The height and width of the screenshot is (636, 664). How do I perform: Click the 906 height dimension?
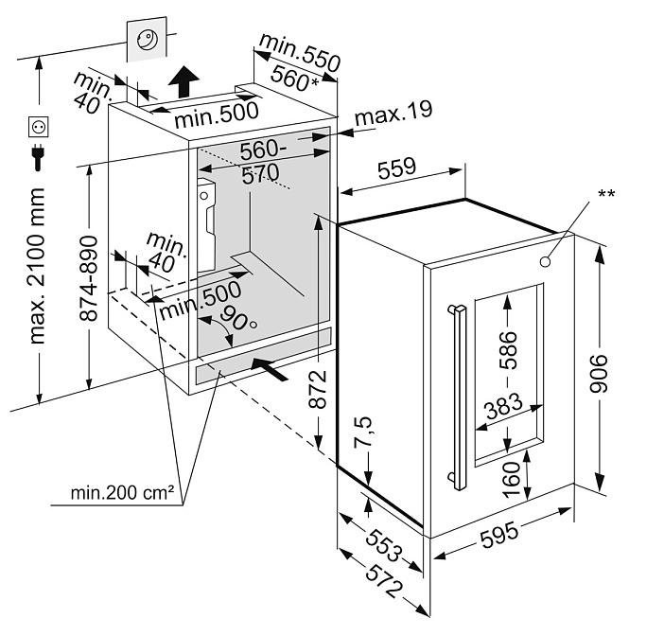pos(599,373)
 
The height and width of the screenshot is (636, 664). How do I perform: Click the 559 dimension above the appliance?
pos(396,168)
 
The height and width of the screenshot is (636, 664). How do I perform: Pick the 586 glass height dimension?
pos(508,350)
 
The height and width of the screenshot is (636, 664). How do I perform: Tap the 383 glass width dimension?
pos(503,406)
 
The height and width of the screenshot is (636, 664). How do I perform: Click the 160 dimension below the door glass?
pos(511,479)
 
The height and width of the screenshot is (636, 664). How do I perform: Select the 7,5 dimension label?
pos(363,432)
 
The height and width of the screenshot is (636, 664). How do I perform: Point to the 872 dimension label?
pos(318,389)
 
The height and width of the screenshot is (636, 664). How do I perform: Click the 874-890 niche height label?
pos(89,278)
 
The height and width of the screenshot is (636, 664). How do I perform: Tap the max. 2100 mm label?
pos(37,266)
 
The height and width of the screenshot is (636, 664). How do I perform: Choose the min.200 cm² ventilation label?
pos(122,493)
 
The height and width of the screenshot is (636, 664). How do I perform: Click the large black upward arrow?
pos(183,81)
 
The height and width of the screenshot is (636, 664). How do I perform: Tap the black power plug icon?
pos(38,156)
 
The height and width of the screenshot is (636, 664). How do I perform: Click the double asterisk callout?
pos(606,194)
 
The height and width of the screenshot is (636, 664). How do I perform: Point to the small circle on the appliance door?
pos(546,262)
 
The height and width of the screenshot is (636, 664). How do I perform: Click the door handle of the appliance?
pos(458,397)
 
